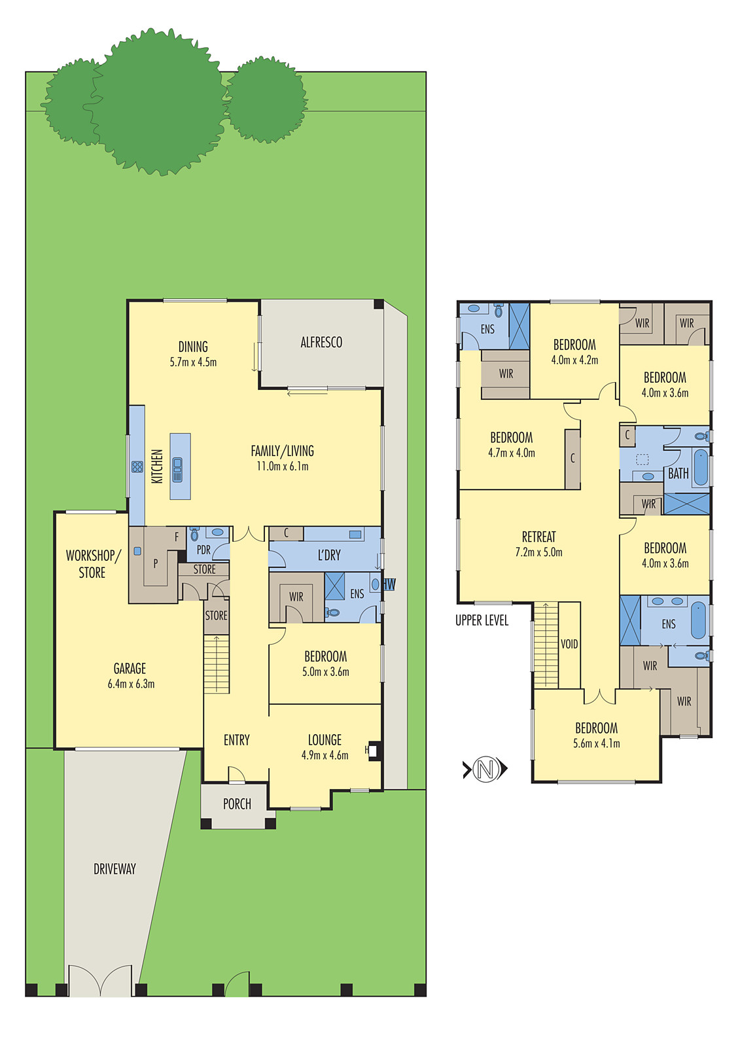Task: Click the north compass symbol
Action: point(485,768)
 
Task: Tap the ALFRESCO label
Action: point(321,342)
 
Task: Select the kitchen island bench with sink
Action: point(180,467)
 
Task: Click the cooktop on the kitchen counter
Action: point(137,467)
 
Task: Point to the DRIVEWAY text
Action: point(115,869)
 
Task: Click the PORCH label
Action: point(237,804)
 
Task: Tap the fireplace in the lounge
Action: point(373,751)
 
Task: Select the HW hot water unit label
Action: point(389,584)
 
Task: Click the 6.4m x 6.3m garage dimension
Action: point(131,684)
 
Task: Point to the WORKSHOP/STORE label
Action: point(92,564)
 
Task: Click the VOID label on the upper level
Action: point(569,644)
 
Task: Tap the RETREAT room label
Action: point(538,537)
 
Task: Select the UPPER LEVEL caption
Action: point(482,620)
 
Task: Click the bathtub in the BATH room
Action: point(700,467)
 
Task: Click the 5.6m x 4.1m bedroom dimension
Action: point(596,743)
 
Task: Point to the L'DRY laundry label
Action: point(329,556)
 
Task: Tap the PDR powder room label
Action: point(203,550)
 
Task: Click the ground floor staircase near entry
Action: point(217,664)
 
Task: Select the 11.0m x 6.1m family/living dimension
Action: point(282,467)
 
